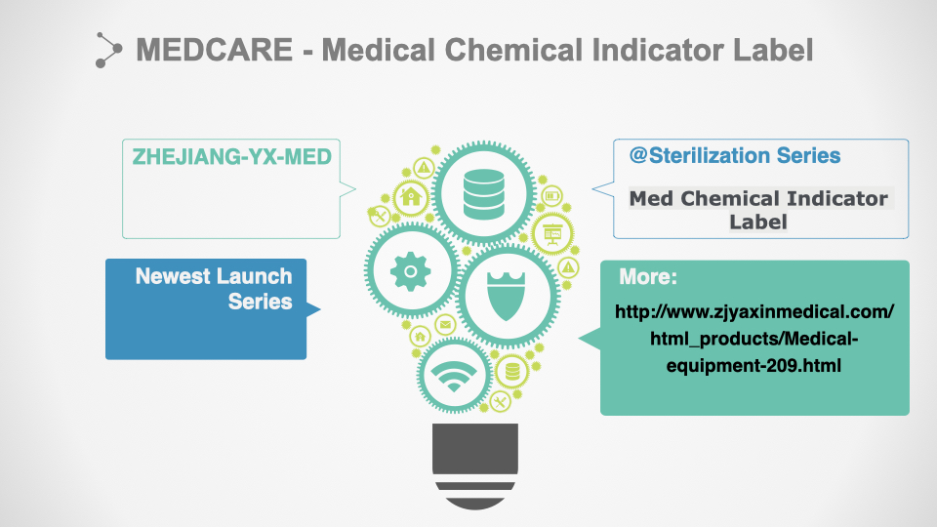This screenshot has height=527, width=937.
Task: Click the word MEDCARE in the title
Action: (214, 50)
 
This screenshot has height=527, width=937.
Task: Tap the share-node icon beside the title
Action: (108, 50)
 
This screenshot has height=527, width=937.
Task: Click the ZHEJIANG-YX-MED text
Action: (232, 156)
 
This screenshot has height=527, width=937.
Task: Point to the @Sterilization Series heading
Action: (735, 155)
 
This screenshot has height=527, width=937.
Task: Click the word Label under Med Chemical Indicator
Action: (757, 222)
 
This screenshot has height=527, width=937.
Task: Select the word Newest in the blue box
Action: (172, 276)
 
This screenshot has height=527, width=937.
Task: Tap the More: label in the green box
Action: (648, 276)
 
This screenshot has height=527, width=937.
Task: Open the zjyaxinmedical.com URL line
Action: (754, 311)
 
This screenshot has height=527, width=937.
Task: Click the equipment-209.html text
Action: (754, 365)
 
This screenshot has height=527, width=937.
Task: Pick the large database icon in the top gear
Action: (483, 193)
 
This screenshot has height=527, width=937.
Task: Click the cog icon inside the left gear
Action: (411, 271)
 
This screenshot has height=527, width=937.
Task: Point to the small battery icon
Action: (551, 195)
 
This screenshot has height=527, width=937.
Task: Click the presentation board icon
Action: (552, 233)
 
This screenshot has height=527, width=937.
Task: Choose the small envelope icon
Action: (445, 324)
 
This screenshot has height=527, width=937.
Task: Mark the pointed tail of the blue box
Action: (320, 309)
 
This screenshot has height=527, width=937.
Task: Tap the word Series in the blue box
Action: (260, 302)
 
